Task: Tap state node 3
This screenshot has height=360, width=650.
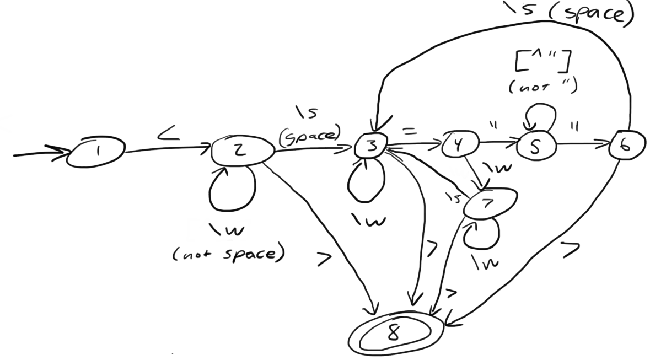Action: (371, 146)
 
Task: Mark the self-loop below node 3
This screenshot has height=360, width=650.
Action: (365, 182)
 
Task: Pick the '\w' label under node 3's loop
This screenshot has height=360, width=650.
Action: (369, 221)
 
